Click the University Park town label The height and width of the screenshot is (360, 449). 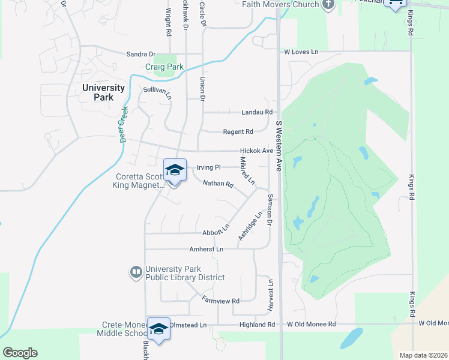103,92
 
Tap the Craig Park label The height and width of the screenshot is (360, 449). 164,67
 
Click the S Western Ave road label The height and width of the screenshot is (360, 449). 279,146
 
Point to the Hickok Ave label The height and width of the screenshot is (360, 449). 256,151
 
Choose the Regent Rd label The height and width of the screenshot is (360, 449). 238,131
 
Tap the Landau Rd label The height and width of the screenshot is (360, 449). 257,112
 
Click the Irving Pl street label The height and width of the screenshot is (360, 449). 209,167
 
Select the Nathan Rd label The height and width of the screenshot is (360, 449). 217,184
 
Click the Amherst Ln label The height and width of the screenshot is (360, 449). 206,249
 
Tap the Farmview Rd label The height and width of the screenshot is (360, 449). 220,300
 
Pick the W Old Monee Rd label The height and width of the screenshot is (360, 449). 311,325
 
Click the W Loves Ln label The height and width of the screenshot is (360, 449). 301,52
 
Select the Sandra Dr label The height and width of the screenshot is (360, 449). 140,54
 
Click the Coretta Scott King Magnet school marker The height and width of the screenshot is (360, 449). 175,170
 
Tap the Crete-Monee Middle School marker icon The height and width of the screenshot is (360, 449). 159,329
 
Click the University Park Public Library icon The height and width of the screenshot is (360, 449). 136,273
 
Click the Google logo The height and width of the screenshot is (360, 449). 20,353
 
